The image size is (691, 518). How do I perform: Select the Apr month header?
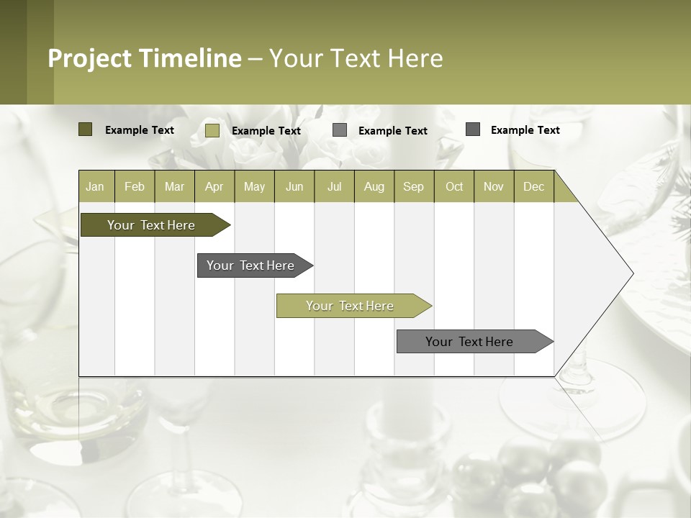(x=214, y=186)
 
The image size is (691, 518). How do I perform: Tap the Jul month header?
(x=334, y=186)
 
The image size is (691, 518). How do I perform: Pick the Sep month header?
(x=414, y=186)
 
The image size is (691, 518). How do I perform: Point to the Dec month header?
(x=533, y=186)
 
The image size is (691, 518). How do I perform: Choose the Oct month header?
(x=454, y=186)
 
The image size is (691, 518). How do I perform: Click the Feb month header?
(x=135, y=186)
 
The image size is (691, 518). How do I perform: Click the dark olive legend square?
(x=85, y=129)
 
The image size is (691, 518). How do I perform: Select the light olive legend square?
(x=212, y=130)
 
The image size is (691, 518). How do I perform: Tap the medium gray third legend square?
(x=340, y=130)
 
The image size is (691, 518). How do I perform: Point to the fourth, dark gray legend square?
(x=473, y=129)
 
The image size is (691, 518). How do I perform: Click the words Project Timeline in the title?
(x=145, y=58)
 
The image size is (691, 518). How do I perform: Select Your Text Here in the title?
(x=356, y=58)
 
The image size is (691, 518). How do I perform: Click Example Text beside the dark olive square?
(x=140, y=130)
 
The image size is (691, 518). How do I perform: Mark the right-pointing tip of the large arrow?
(x=631, y=273)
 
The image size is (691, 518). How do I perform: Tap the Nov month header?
(x=494, y=186)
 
